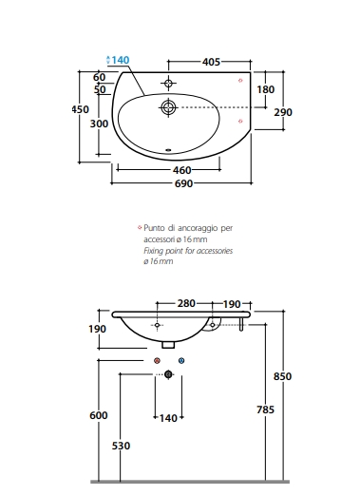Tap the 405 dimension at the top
[x=211, y=62]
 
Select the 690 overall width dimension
[x=183, y=183]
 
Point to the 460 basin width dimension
[x=182, y=170]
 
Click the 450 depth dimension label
[x=80, y=109]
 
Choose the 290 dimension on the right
[x=283, y=112]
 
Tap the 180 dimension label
[x=265, y=89]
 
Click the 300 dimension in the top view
[x=99, y=124]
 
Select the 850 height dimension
[x=282, y=376]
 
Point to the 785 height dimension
[x=265, y=409]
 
